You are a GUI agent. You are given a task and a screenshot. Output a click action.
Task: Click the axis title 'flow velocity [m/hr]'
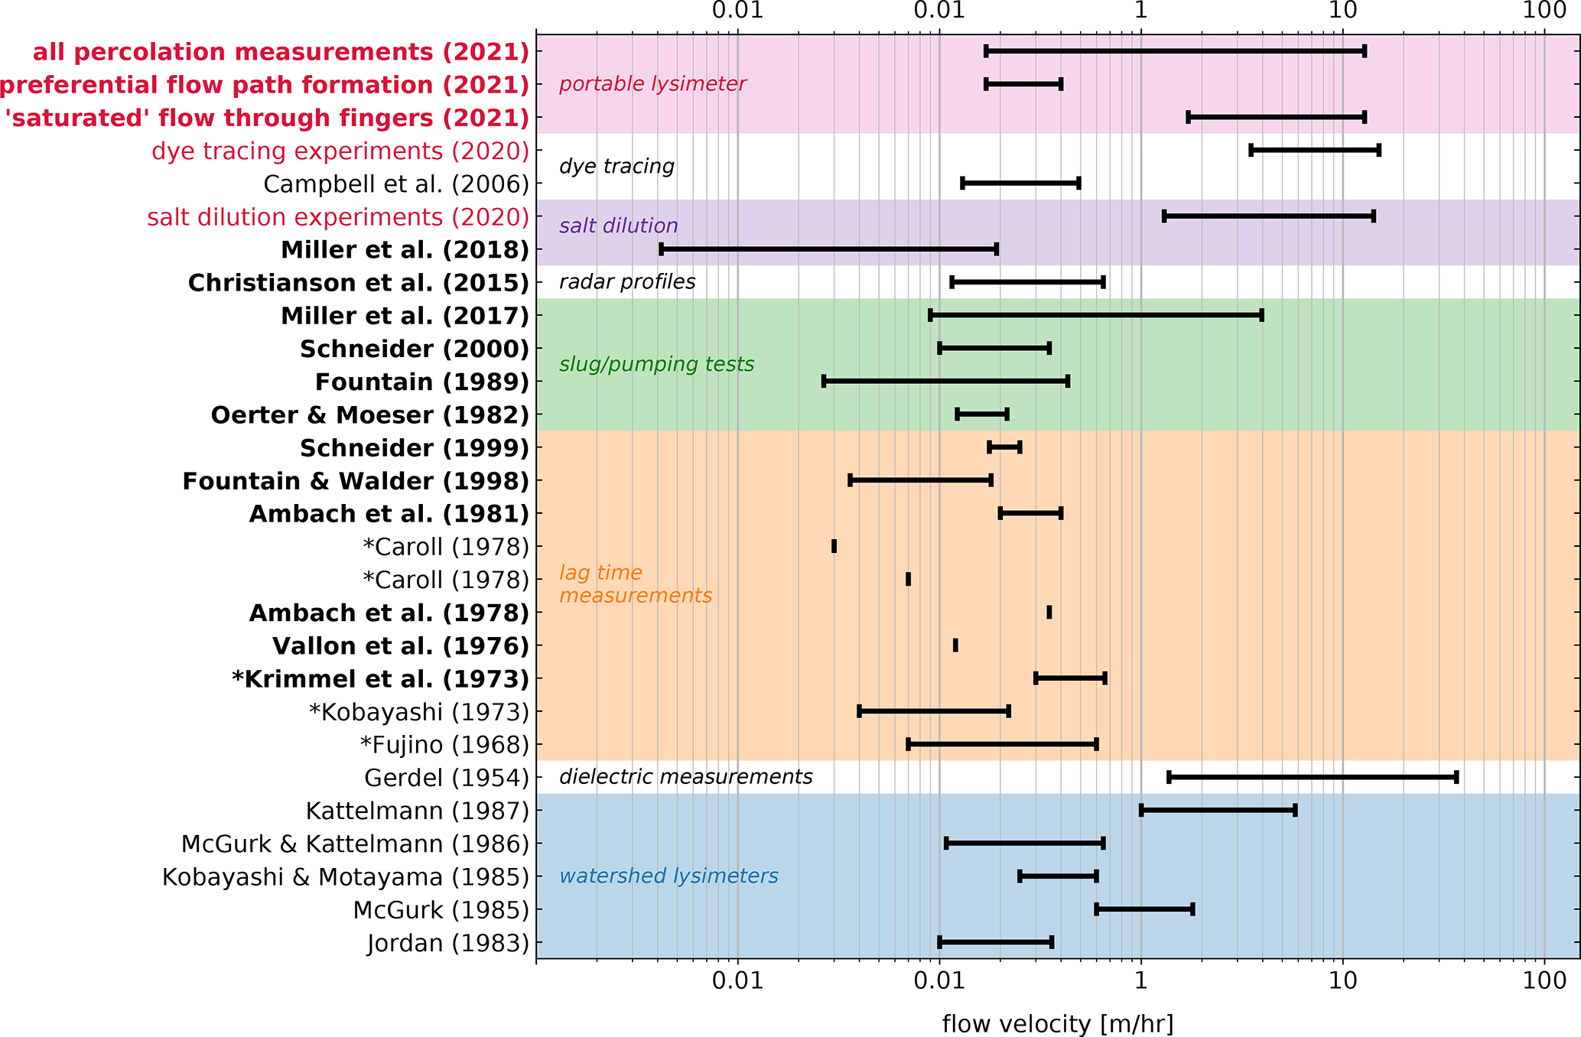1057,1023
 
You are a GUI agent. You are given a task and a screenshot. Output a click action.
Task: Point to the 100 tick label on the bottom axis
1544,981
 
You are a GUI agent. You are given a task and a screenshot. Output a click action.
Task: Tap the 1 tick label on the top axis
1141,10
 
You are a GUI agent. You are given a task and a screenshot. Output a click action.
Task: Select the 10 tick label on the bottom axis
1342,981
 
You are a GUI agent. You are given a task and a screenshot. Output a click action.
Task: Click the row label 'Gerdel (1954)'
447,778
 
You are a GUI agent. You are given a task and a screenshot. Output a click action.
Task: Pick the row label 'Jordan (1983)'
448,943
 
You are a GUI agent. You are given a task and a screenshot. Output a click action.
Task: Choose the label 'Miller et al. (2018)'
405,250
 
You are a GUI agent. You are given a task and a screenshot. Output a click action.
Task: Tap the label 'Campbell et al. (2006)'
396,184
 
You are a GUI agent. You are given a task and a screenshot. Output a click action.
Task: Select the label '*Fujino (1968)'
444,745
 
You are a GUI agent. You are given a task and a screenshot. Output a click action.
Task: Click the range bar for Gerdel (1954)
1312,777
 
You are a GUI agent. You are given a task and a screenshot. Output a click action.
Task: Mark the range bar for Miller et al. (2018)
828,249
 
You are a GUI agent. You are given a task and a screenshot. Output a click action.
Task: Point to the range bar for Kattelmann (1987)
1218,810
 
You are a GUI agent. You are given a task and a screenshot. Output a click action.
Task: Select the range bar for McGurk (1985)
1144,909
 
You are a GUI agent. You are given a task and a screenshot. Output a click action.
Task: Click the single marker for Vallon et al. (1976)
955,645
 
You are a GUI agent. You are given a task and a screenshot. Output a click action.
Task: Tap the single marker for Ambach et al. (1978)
1049,612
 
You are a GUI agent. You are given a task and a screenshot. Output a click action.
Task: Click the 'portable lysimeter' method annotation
652,84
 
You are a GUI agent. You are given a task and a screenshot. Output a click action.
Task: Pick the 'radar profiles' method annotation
627,282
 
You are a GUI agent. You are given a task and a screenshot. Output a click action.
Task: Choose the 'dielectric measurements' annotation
685,777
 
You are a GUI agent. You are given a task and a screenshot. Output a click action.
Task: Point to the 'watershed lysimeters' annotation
669,876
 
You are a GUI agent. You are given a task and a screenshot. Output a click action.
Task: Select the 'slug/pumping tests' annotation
656,364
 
